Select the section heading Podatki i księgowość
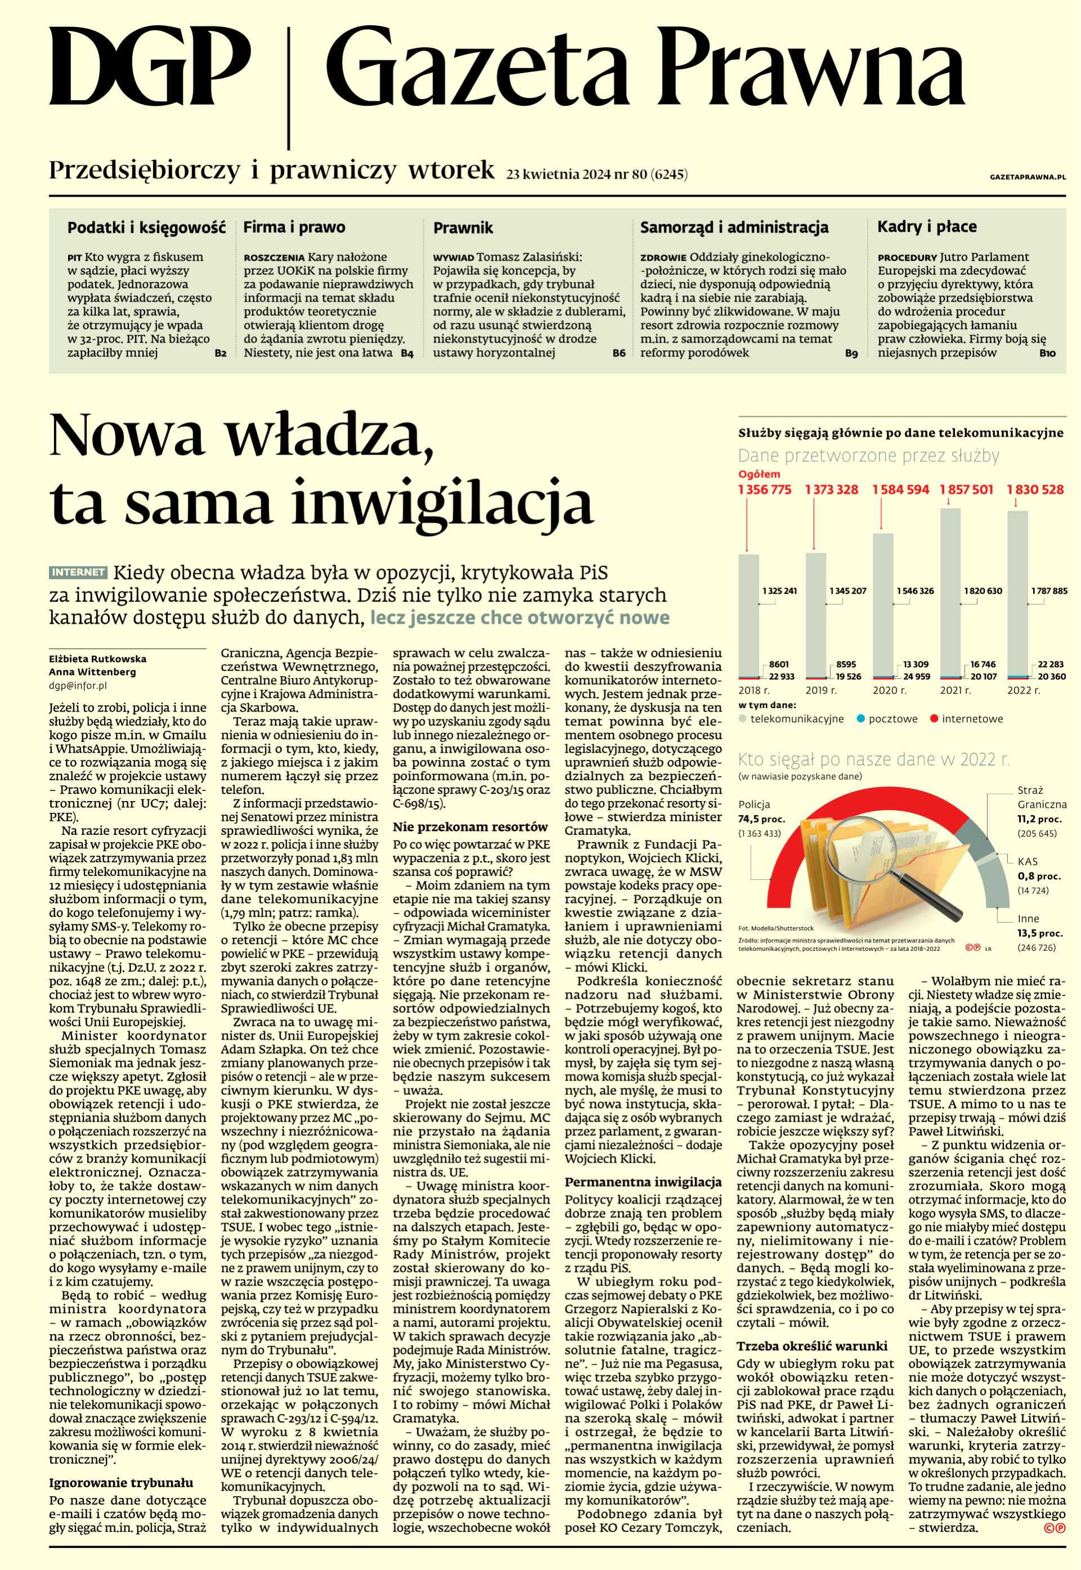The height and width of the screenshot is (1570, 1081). click(146, 227)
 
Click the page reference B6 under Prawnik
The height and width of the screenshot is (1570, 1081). click(618, 353)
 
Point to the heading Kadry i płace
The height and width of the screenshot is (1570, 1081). click(927, 226)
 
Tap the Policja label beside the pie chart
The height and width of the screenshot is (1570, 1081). click(754, 805)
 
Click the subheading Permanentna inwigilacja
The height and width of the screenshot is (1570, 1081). click(644, 1182)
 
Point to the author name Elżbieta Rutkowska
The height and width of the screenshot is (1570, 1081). click(97, 658)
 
